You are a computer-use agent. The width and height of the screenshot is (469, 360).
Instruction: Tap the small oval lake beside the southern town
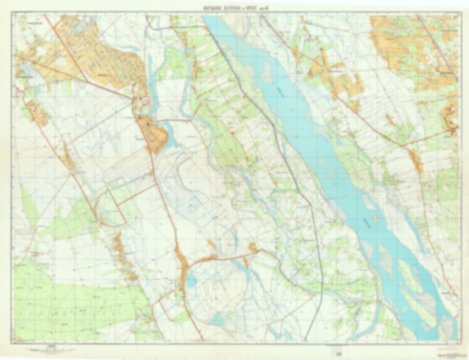coord(191,280)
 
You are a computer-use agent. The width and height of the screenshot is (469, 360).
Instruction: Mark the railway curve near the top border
coord(154,27)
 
